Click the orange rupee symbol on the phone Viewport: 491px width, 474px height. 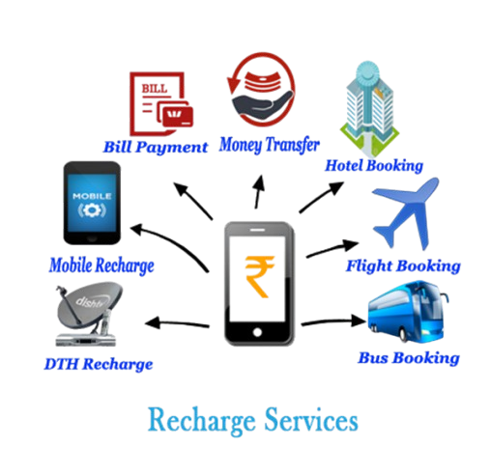click(259, 276)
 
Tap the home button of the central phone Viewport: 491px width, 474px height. click(257, 332)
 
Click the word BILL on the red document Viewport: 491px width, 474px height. click(155, 89)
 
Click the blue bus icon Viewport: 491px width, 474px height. click(409, 312)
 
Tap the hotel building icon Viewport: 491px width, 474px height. click(369, 109)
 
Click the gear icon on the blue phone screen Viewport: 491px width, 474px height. click(92, 210)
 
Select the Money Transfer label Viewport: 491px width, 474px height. click(270, 145)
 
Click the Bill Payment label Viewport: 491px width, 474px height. click(156, 147)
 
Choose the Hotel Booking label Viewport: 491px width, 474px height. click(374, 166)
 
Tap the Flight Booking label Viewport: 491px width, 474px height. click(403, 266)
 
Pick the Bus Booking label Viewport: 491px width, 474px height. click(409, 358)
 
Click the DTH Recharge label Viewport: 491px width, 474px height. click(99, 364)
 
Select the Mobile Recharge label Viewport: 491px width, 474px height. click(101, 265)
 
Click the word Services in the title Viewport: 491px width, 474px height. click(311, 420)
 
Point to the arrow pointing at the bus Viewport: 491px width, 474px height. click(333, 321)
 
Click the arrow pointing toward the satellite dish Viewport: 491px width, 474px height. click(177, 323)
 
